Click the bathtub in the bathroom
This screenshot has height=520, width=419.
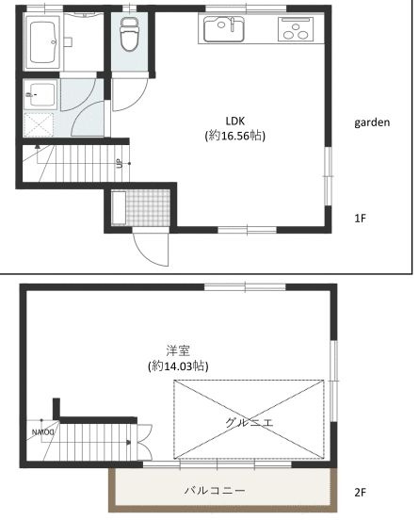coord(44,41)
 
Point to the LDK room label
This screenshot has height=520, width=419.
coord(235,120)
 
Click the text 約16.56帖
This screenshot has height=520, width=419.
coord(235,136)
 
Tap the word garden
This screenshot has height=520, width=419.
coord(372,122)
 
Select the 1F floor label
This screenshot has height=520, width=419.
coord(360,219)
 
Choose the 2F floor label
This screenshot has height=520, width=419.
coord(360,492)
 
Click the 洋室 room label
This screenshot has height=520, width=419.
coord(178,350)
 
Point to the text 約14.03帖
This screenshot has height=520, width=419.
coord(178,366)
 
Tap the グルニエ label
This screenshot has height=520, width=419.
coord(249,423)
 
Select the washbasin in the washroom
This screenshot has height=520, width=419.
coord(40,93)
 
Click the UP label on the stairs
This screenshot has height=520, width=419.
coord(120,164)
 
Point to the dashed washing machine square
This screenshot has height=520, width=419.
coord(40,124)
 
